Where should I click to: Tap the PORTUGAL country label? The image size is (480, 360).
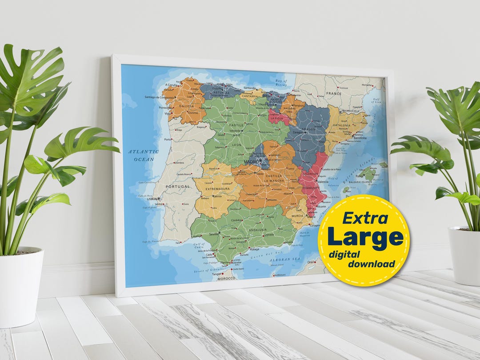tap(178, 187)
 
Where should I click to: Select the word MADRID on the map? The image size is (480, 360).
tap(251, 162)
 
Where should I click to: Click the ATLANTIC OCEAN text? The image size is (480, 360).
tap(144, 155)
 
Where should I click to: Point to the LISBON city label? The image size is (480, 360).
tap(153, 199)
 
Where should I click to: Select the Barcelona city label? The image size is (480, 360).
tap(360, 138)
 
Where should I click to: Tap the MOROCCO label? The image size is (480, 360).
tap(226, 278)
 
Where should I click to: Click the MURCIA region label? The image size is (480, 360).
tap(297, 216)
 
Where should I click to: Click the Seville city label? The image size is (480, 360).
tap(214, 233)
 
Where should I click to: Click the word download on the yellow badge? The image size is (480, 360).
tap(371, 264)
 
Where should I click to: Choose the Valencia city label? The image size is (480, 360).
tap(323, 182)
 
